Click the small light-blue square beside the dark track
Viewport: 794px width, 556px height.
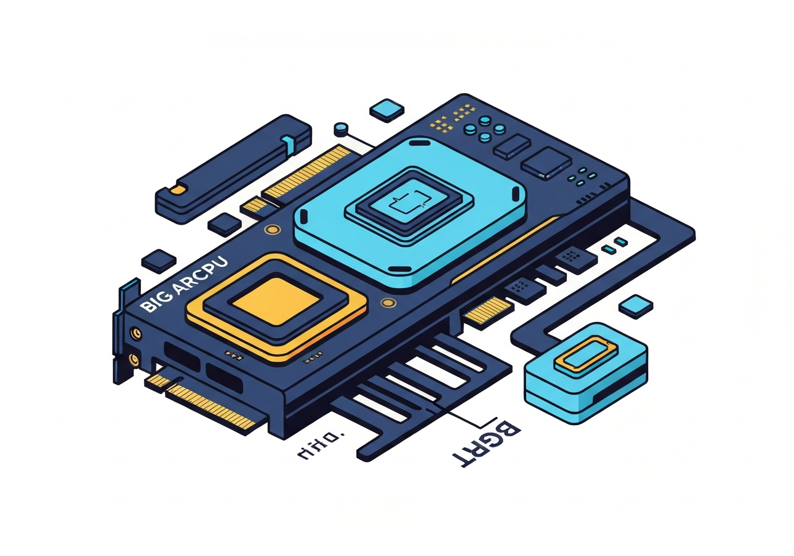[x=636, y=304]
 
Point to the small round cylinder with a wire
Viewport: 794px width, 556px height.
[x=340, y=130]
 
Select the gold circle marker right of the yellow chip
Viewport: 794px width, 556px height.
[x=388, y=303]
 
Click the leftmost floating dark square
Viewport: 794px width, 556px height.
[x=159, y=261]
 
